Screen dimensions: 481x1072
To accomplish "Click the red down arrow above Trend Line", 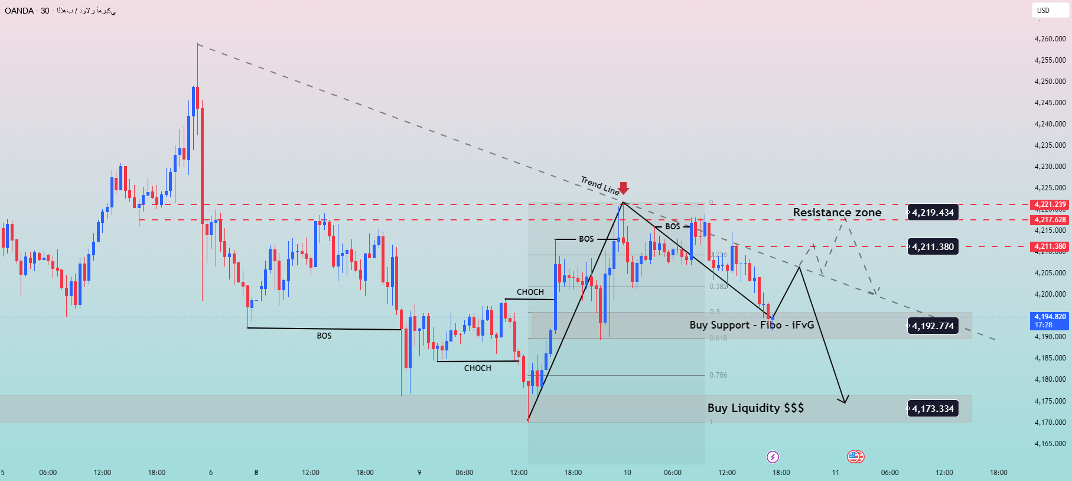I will coord(623,188).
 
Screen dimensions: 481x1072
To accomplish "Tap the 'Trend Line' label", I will coord(599,185).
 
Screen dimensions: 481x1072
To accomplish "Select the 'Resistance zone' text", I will coord(837,212).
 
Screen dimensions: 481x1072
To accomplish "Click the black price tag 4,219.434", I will coord(933,213).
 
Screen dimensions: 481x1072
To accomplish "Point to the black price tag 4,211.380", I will coord(933,247).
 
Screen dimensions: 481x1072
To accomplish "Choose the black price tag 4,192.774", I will coord(933,326).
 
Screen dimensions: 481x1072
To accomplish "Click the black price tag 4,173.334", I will coord(933,408).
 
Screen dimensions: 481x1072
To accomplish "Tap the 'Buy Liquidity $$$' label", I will coord(755,408).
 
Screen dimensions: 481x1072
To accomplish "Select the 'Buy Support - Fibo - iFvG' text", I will coord(751,325).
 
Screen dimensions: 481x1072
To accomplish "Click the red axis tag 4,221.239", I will coord(1050,204).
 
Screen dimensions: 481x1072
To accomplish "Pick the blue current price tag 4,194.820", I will coord(1050,320).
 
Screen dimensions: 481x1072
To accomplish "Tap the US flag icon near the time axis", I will coord(855,456).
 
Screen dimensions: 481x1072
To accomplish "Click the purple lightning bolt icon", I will coord(773,457).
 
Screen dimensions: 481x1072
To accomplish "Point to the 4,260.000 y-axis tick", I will coord(1050,39).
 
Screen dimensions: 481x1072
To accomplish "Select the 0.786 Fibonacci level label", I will coord(718,375).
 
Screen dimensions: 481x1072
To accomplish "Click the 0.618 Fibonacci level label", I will coord(718,338).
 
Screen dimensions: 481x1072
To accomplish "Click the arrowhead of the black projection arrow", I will coord(845,401).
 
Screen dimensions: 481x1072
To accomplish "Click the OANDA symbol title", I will coord(19,11).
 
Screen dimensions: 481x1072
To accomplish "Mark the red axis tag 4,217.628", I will coord(1050,220).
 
